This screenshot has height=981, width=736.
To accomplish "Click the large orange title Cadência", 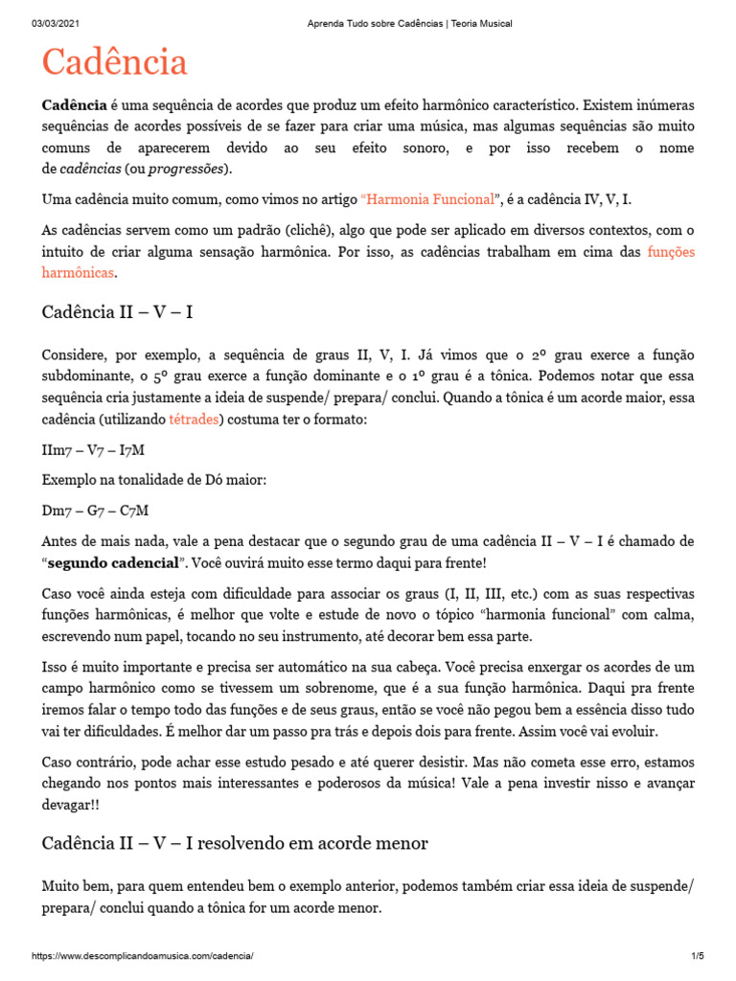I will [114, 63].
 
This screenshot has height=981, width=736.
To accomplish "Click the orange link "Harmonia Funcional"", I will [428, 199].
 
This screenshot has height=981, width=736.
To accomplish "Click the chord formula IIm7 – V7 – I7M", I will [94, 449].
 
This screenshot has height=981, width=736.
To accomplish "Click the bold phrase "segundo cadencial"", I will [120, 562].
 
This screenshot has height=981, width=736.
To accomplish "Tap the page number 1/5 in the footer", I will [698, 957].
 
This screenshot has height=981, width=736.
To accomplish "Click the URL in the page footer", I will [143, 957].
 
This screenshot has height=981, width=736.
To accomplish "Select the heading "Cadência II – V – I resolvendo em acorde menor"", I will [235, 843].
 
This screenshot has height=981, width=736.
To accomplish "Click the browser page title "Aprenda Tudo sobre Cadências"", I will [367, 23].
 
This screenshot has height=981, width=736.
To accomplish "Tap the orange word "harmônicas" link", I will [78, 273].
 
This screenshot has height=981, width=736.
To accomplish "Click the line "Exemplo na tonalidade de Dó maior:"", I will [154, 480].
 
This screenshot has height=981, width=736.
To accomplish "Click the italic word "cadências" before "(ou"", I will [91, 170].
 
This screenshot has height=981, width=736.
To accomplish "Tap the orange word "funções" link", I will [671, 252].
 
